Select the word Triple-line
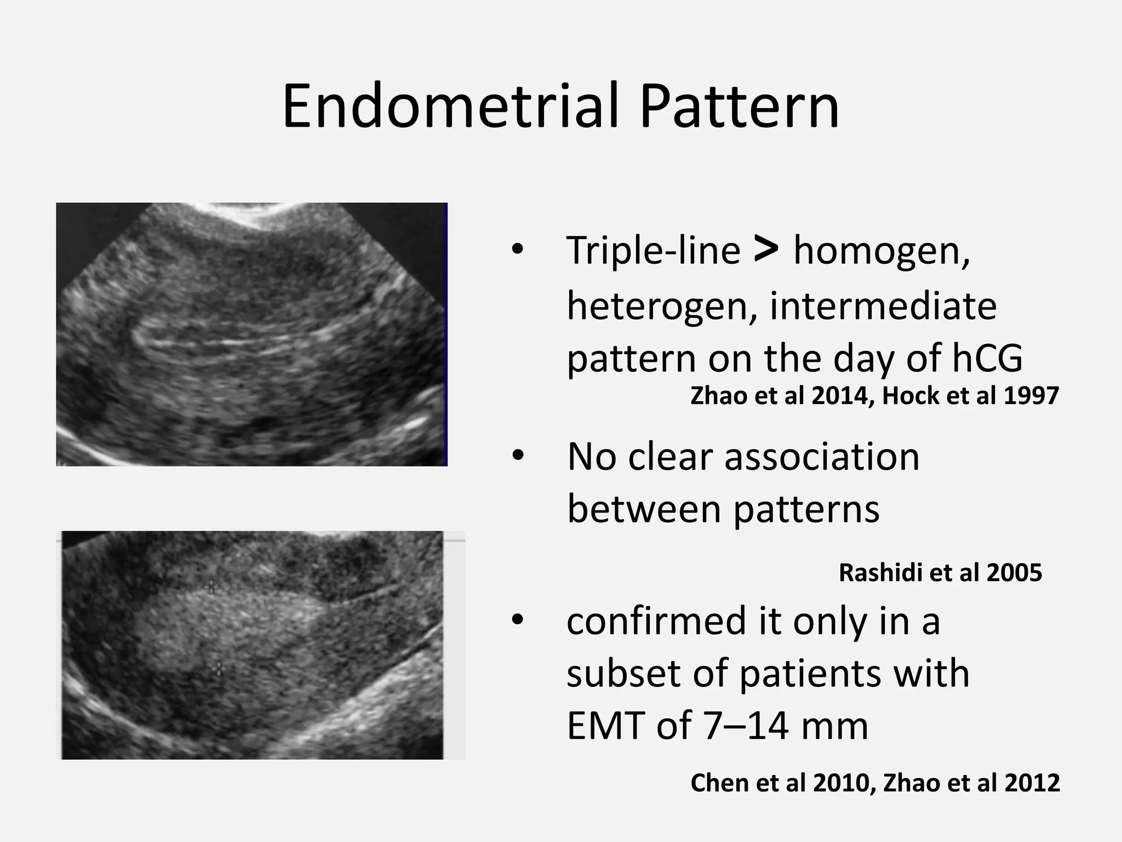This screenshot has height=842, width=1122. (653, 251)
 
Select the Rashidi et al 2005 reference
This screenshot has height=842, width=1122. (940, 573)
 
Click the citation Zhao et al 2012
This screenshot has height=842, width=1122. (971, 783)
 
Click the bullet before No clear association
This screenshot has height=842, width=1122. (518, 456)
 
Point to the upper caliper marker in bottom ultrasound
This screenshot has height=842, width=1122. (211, 587)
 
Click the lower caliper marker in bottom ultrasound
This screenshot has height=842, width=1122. (218, 668)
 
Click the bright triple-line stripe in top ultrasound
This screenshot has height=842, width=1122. (230, 343)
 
